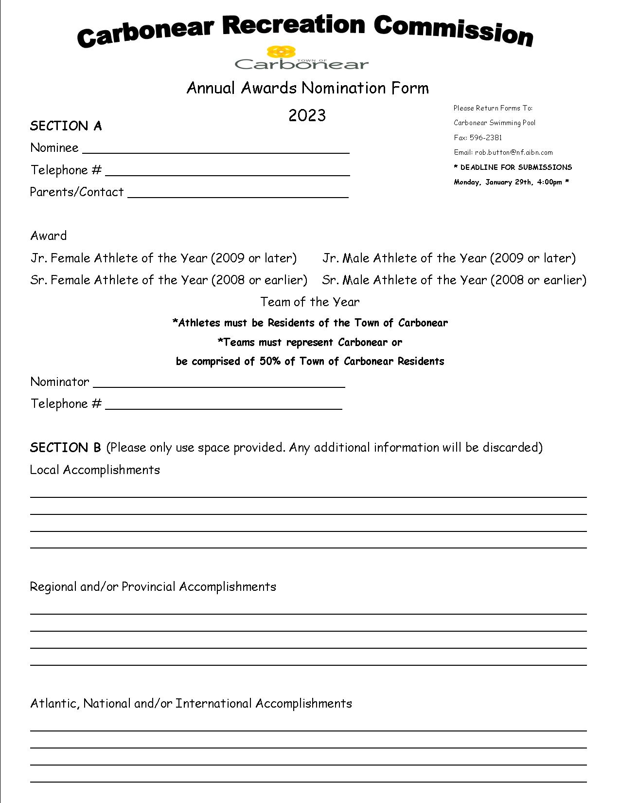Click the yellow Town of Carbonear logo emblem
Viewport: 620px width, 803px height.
coord(282,52)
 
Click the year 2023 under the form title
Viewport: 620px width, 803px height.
coord(307,115)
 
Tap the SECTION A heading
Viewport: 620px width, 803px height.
coord(66,126)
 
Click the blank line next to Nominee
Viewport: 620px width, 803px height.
coord(216,148)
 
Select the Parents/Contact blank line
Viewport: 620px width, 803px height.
coord(238,193)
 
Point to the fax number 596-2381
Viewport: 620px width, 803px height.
coord(485,138)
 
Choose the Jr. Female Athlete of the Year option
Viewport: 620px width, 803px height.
coord(163,258)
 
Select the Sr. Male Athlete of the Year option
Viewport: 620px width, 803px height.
coord(454,280)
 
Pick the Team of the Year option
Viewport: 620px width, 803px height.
coord(310,302)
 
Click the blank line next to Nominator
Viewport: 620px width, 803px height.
coord(219,383)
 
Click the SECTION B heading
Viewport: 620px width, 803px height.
coord(65,447)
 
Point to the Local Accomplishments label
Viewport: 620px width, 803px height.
coord(95,470)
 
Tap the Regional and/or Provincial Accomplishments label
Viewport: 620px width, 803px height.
coord(153,586)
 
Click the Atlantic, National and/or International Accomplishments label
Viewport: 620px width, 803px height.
coord(191,703)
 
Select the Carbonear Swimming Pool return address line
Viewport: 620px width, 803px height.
coord(494,123)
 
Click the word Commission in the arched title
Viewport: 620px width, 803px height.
coord(453,30)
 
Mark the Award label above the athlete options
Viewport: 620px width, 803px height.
coord(48,236)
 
